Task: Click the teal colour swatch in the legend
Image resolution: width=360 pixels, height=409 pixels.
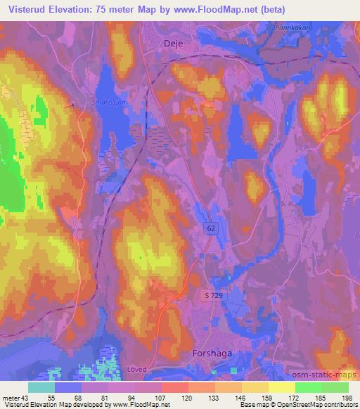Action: (x=41, y=387)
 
